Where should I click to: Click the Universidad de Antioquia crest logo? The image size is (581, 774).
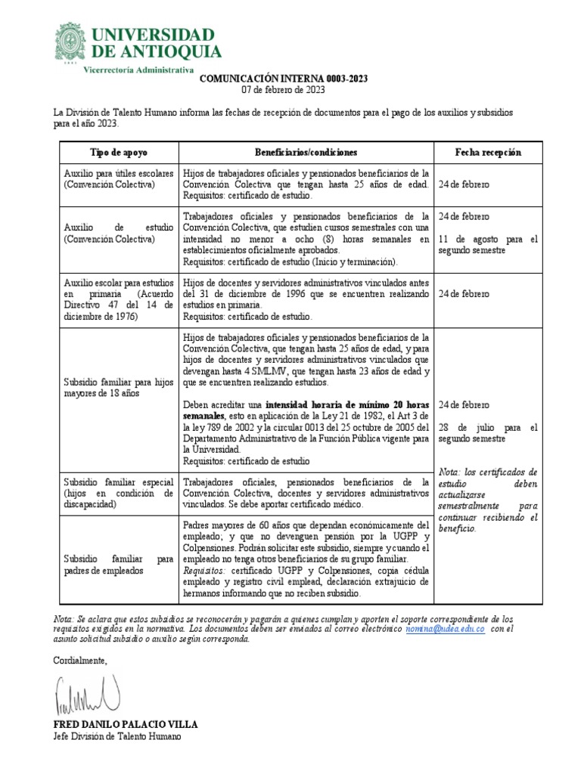[x=70, y=45]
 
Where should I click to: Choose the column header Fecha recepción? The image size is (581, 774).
[x=488, y=152]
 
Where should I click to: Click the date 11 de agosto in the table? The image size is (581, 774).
[x=464, y=239]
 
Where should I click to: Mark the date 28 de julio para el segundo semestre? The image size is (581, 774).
[x=487, y=432]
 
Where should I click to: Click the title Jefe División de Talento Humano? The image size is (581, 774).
[x=117, y=737]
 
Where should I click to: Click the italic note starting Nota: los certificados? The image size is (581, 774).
[x=487, y=499]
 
